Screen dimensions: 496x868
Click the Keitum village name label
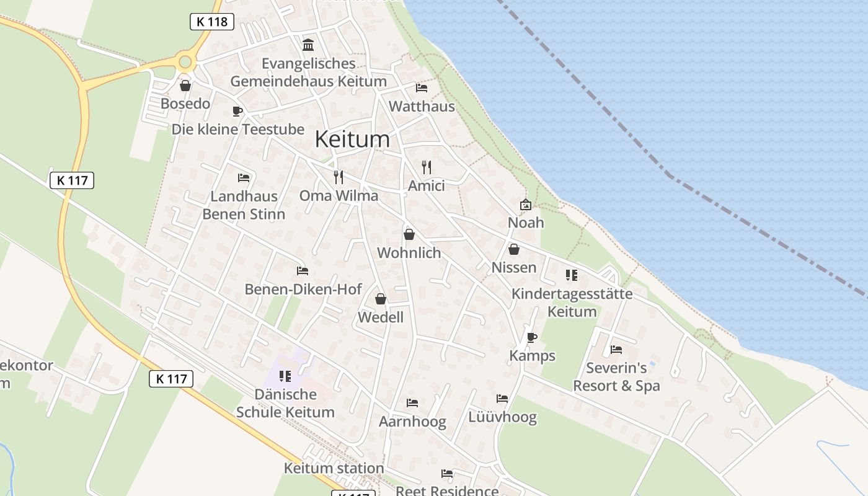(352, 139)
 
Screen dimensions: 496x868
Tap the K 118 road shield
(211, 22)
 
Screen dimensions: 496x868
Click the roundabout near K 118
(185, 61)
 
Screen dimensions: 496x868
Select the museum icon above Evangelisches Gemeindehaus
(308, 45)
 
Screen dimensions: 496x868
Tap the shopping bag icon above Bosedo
(185, 86)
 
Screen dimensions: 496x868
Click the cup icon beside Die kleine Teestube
(237, 111)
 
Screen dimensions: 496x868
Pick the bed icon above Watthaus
(422, 87)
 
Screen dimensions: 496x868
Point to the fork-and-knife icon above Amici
(426, 167)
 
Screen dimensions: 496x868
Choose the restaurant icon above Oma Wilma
(339, 177)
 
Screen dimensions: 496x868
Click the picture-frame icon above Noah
(526, 204)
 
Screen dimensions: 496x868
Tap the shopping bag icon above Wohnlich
(409, 234)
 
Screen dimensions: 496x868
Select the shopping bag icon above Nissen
(514, 249)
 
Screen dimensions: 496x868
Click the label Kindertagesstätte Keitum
(572, 303)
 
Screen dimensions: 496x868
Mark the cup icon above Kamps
(531, 337)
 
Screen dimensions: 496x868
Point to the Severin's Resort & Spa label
(616, 377)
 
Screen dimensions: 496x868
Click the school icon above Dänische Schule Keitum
(285, 376)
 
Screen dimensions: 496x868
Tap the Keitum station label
(334, 468)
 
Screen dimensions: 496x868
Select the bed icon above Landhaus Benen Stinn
(244, 178)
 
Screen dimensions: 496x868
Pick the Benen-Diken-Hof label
(303, 289)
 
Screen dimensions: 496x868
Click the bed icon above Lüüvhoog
(502, 398)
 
